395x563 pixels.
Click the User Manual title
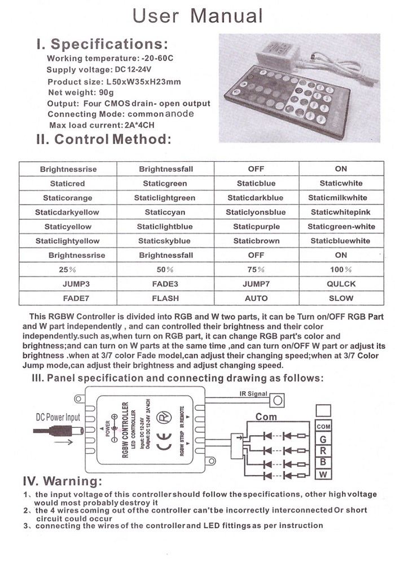point(197,15)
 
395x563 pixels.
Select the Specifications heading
point(102,43)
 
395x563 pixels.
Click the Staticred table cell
point(67,183)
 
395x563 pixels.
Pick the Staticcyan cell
point(165,212)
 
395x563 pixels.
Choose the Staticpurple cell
point(256,227)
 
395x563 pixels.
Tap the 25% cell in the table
point(67,270)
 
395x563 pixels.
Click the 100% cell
point(341,270)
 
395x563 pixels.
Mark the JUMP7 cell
point(256,284)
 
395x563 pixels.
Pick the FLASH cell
point(165,298)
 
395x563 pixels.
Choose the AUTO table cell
point(256,298)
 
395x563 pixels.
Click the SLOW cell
point(341,298)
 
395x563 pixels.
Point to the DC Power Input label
point(58,418)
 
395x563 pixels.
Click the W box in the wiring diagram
point(323,475)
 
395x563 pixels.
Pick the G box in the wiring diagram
point(323,439)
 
